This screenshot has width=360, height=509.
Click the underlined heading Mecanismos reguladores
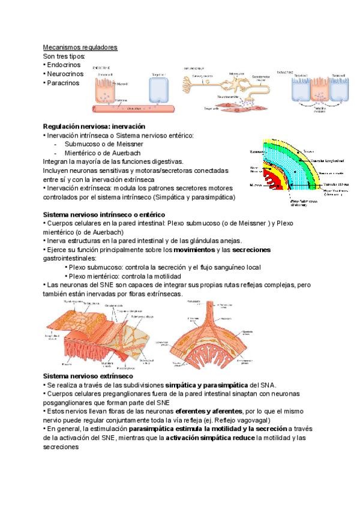pyautogui.click(x=80, y=47)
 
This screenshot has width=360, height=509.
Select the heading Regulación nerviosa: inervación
pyautogui.click(x=94, y=127)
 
